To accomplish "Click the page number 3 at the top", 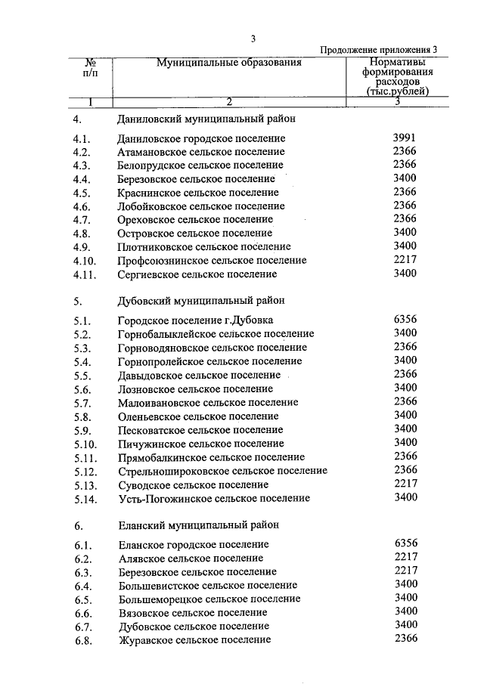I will (x=254, y=39).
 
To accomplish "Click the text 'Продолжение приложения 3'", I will (x=379, y=50).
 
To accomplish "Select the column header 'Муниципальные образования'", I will (x=229, y=63).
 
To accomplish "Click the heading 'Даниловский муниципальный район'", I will (x=206, y=119).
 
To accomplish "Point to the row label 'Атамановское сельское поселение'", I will (x=200, y=152).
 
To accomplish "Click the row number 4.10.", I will (x=85, y=261).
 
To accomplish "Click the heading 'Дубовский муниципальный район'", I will (x=200, y=300).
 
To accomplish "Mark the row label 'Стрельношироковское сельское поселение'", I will (x=222, y=471).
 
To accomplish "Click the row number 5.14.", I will (x=85, y=499).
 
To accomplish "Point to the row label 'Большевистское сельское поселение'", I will (x=207, y=586).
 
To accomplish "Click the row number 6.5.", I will (x=82, y=599).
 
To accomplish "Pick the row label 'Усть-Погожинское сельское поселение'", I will (x=214, y=499).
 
